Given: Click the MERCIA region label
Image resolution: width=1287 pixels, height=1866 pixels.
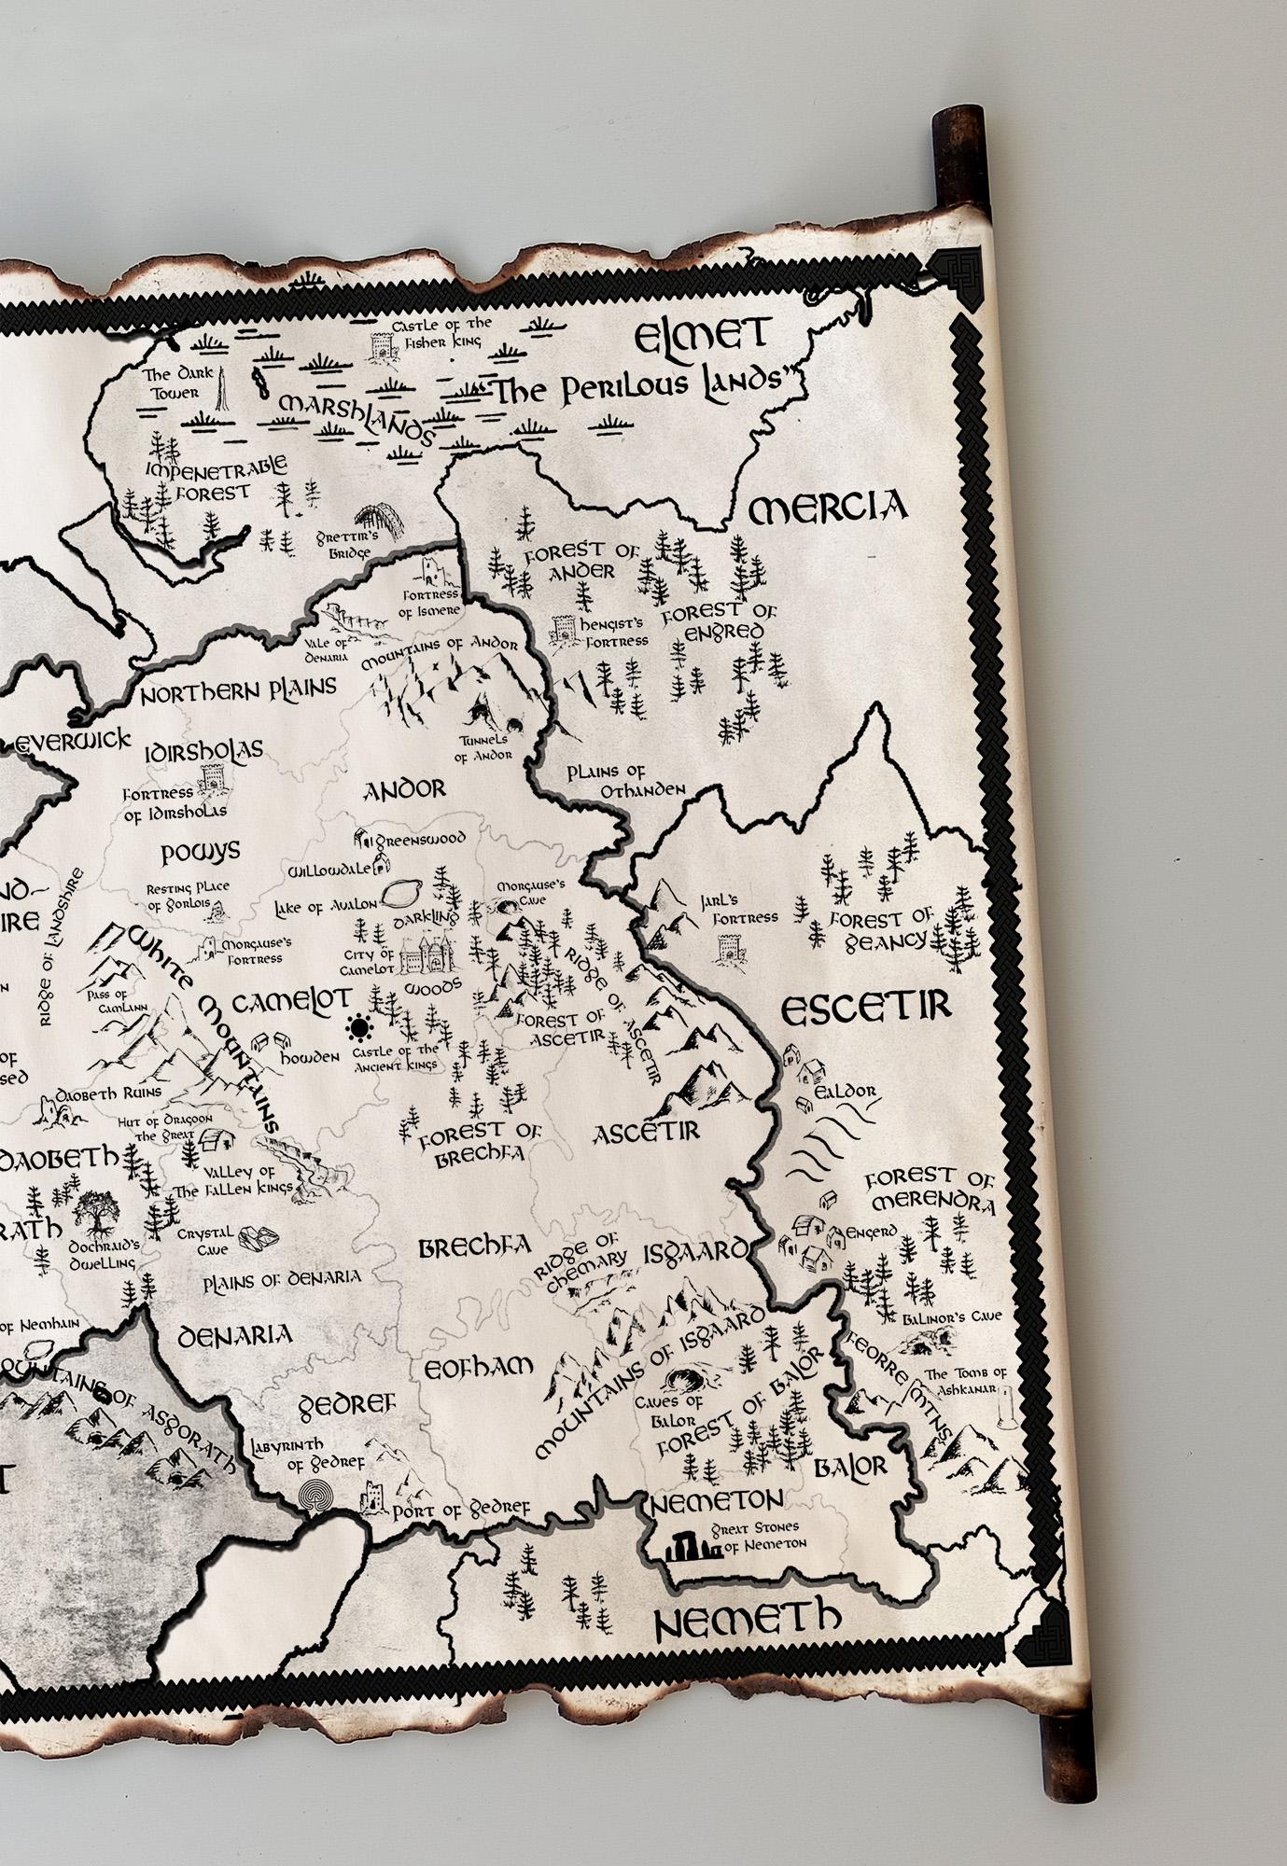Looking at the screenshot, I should [x=828, y=508].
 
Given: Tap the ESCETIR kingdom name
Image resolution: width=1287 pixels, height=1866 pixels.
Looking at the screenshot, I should [x=864, y=1008].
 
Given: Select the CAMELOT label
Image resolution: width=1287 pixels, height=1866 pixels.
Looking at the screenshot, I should [x=290, y=1003].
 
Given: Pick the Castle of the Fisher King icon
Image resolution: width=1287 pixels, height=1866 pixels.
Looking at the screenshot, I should [x=381, y=347].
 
